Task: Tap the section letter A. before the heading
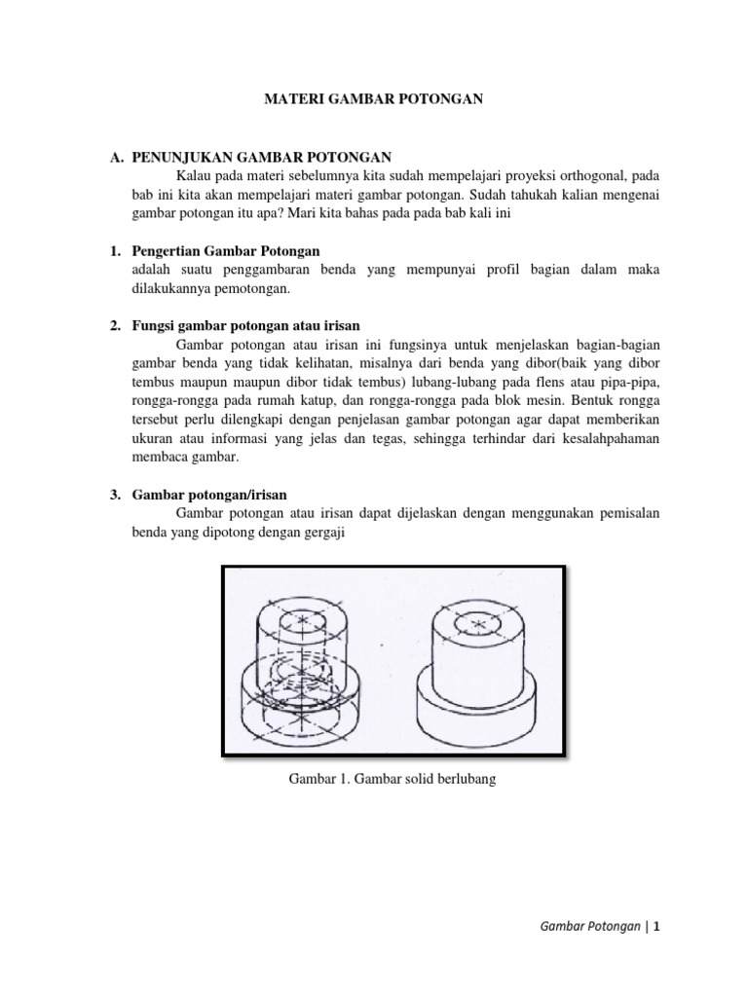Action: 116,156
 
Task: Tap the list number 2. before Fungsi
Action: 114,325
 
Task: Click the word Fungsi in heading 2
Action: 156,325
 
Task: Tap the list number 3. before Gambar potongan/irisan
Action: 114,495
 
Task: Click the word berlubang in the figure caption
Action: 463,780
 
